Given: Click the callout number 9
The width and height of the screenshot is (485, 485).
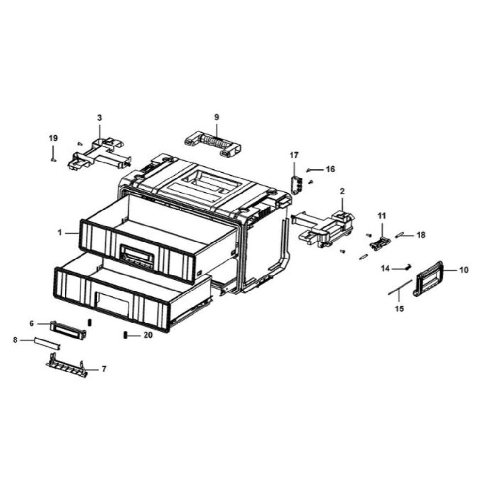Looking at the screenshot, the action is pos(216,117).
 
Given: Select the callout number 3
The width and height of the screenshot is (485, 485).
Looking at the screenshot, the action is pos(99,118).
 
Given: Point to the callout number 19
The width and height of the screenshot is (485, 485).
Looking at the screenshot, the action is pos(53,138).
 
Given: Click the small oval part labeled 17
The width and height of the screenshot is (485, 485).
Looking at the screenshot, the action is pos(296,184).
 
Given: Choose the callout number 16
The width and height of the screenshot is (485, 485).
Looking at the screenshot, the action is pos(330,169).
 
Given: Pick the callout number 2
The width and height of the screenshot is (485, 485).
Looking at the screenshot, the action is pos(342,192).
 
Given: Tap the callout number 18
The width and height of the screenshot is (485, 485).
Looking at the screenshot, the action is pos(421,235).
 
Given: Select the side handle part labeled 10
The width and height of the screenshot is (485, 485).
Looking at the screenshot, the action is pos(429,279).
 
